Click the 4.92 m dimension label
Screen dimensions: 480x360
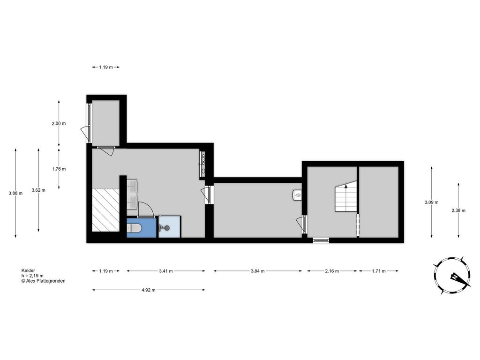(149, 290)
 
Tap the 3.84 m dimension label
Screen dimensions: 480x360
(257, 271)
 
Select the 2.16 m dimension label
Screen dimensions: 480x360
(332, 271)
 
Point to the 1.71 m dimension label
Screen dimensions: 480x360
(379, 271)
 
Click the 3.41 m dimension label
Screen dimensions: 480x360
(165, 271)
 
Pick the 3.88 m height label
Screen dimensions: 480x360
(15, 193)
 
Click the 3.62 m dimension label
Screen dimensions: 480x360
(38, 190)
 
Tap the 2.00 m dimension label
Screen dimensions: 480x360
(59, 124)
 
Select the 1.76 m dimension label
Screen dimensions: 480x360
(59, 169)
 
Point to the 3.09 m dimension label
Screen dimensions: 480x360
(431, 202)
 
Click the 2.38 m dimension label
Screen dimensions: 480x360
(458, 210)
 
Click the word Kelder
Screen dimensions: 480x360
(28, 270)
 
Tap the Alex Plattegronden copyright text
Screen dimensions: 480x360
(43, 281)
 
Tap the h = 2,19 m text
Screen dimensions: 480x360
(32, 276)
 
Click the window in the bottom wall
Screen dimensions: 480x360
(321, 240)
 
